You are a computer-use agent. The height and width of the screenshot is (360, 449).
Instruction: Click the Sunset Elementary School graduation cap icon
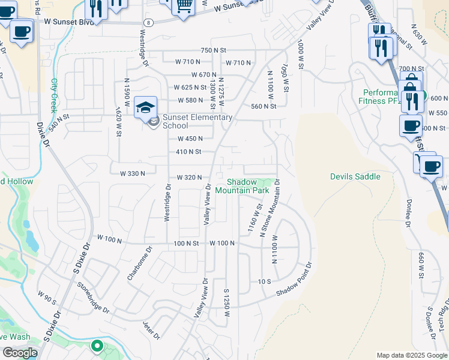tap(145, 107)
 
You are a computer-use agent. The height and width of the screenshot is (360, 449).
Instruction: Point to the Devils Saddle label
tap(355, 176)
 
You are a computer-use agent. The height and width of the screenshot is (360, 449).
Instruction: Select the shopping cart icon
tap(184, 5)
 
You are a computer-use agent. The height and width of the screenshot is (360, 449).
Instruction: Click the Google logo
tap(20, 353)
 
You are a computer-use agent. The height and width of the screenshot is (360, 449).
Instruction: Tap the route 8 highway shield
tap(148, 22)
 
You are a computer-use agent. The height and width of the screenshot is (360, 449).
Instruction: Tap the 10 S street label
tap(265, 281)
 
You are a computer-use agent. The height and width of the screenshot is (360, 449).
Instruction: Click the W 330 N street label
tap(133, 173)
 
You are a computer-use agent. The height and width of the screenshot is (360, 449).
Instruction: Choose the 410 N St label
tap(188, 152)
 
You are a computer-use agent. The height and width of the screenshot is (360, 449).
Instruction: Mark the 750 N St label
tap(216, 50)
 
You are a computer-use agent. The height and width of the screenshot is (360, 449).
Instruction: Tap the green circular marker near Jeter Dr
tap(97, 346)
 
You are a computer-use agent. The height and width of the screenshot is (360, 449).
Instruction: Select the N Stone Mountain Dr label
tap(270, 208)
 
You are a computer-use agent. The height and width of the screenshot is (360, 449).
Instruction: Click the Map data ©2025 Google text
tap(411, 355)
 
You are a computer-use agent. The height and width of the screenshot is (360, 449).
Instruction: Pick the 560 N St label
tap(264, 106)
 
